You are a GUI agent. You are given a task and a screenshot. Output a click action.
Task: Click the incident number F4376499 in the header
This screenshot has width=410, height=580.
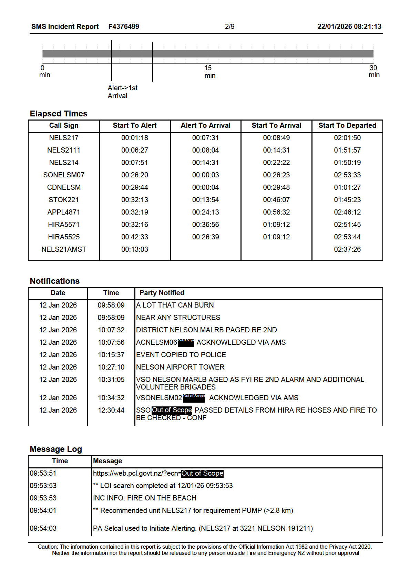coord(123,27)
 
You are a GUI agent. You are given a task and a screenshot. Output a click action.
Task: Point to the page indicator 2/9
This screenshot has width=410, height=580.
coord(229,27)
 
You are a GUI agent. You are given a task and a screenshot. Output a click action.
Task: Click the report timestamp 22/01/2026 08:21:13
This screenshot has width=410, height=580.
coord(349,27)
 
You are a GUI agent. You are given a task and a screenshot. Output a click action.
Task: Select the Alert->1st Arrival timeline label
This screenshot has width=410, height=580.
coord(122,92)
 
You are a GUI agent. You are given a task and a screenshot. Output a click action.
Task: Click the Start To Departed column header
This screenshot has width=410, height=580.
coord(347,125)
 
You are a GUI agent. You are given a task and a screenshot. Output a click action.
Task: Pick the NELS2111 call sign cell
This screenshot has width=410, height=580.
coord(64,150)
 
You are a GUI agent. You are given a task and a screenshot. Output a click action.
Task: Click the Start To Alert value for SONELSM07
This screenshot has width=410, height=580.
coord(134,175)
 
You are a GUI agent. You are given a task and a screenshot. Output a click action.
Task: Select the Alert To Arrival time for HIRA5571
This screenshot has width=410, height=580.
coord(205,225)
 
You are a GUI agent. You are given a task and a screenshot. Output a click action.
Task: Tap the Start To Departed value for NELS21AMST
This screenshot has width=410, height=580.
coord(347,249)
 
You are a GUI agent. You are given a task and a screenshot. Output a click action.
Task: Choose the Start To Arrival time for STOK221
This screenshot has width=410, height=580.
coord(276,200)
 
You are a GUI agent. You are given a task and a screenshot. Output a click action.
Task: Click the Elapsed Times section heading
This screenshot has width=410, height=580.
coord(59,114)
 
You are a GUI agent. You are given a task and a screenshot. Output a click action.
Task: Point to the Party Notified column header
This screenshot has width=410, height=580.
coord(162,293)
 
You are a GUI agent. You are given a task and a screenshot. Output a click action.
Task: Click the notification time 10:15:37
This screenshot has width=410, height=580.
coord(111,355)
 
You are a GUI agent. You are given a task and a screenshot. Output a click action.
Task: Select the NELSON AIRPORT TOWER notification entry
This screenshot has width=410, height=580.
coord(180,367)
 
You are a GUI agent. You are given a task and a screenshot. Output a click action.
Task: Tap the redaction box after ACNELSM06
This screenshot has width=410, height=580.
coord(186,342)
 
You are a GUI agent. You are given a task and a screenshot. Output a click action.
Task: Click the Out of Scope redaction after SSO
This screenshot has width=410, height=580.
coord(172,410)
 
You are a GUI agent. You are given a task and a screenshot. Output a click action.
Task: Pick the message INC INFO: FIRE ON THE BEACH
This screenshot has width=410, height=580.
coord(144,498)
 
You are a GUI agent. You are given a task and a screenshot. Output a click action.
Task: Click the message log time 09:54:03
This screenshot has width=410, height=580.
coord(43,528)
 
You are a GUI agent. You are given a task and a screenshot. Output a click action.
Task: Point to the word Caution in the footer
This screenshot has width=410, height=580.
coord(48,547)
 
